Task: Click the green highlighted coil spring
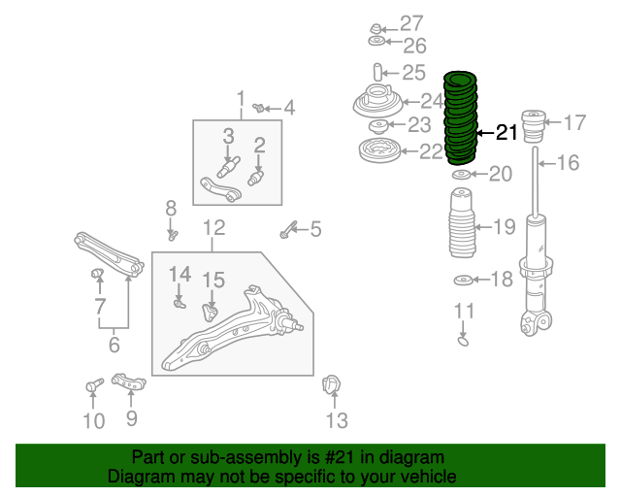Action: (x=459, y=118)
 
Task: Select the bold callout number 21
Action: (x=507, y=132)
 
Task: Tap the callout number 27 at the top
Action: (x=411, y=23)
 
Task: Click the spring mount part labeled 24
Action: (x=377, y=101)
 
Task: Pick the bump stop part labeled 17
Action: (x=535, y=126)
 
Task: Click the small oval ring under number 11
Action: (x=463, y=341)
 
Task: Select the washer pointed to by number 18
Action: (x=464, y=281)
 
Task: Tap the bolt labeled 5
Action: (x=288, y=229)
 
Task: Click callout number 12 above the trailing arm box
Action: (x=213, y=227)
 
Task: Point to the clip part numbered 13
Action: (x=331, y=384)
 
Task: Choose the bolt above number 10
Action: (x=94, y=384)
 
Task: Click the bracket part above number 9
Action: (x=128, y=381)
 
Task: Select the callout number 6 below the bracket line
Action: (x=114, y=345)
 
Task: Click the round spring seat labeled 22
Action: (x=379, y=150)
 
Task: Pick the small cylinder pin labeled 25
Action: (x=377, y=72)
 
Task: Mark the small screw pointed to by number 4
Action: (x=259, y=107)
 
